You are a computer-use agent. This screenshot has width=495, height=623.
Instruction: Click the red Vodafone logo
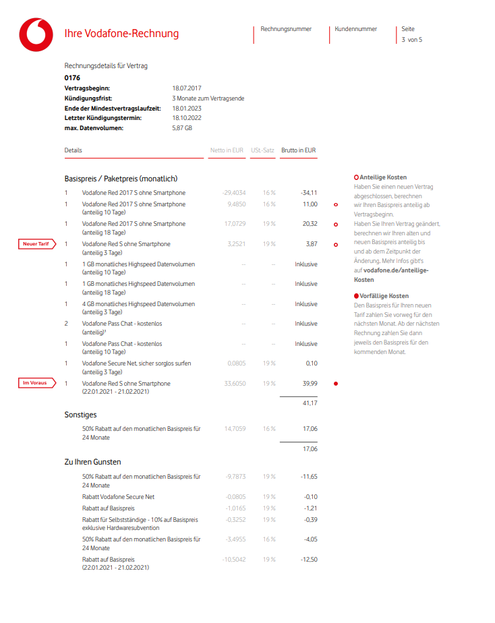click(36, 34)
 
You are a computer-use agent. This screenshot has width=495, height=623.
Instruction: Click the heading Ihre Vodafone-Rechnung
click(121, 34)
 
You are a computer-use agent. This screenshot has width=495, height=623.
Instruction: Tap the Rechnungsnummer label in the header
click(286, 29)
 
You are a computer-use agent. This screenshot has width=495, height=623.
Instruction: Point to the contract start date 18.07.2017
click(187, 88)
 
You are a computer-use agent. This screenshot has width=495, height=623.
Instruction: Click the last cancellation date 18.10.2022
click(187, 118)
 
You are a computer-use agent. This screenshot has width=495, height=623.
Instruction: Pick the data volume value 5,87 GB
click(182, 127)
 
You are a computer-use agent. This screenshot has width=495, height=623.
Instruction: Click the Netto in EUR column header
click(227, 150)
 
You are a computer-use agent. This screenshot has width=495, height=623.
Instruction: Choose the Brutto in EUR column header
click(299, 150)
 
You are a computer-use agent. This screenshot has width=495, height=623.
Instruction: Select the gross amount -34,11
click(309, 192)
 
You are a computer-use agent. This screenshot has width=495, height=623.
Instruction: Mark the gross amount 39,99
click(310, 384)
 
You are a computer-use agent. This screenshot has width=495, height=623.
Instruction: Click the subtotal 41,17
click(310, 403)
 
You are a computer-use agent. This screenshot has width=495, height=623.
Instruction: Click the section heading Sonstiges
click(80, 415)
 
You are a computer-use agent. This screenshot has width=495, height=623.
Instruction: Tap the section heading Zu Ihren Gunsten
click(92, 462)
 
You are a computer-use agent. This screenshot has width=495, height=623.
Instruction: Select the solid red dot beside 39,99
click(336, 384)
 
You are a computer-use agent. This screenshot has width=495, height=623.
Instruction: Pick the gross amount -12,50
click(309, 559)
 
